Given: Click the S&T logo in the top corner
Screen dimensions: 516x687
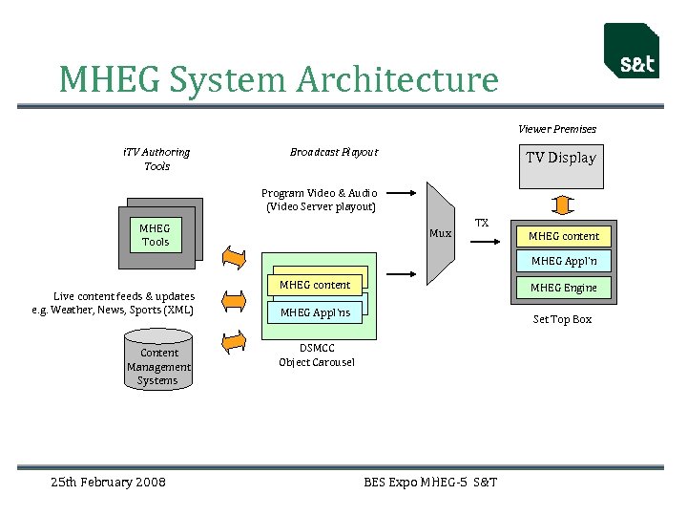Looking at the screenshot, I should coord(632,52).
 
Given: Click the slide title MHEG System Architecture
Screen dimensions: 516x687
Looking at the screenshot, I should coord(279,79).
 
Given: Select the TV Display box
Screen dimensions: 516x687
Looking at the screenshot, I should coord(560,165).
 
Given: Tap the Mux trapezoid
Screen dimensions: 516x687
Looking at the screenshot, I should coord(439,232).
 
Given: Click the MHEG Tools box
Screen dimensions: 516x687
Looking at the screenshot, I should coord(156,235).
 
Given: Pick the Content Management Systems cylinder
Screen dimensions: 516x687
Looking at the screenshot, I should coord(158,359).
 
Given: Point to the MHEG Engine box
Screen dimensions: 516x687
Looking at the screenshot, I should coord(563,288).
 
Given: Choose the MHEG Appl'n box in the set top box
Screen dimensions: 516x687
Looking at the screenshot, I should coord(563,261).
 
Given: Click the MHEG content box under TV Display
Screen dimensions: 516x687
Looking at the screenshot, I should coord(563,236).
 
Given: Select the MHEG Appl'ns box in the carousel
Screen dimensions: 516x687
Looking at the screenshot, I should coord(315,312).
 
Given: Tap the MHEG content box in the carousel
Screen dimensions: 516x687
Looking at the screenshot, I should coord(315,285).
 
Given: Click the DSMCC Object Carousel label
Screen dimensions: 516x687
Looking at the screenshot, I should coord(316,355).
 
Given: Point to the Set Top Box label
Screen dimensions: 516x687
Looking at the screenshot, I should coord(562,319).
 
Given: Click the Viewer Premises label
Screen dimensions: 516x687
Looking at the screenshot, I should coord(557,129).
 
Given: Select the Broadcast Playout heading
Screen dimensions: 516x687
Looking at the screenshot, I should coord(334,152).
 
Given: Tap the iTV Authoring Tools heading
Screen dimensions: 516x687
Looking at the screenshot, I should coord(156,159).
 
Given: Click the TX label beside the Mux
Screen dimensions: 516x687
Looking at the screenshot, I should coord(482,223).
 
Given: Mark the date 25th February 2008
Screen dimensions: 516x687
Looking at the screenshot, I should coord(108,482).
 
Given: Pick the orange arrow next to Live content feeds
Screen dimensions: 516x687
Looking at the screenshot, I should coord(233,301).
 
